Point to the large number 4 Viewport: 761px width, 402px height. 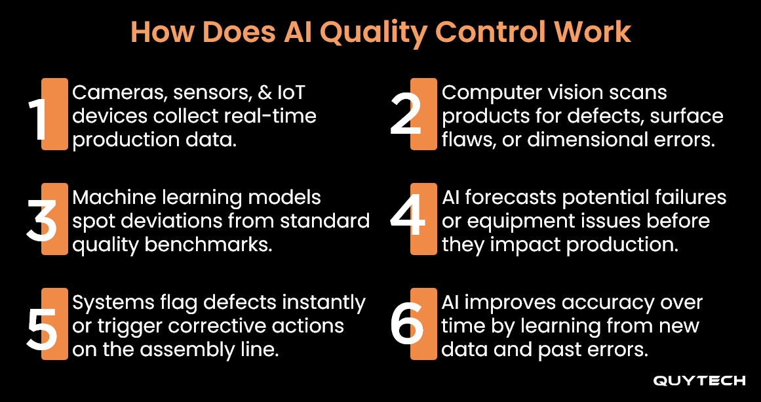408,219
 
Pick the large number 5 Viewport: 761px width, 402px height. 43,324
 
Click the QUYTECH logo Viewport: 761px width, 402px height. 699,381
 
